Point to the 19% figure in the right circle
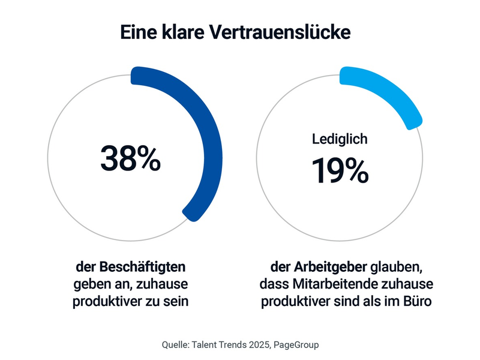tap(340, 170)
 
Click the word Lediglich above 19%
tap(340, 139)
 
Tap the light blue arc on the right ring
tap(390, 96)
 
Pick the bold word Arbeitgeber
tap(329, 266)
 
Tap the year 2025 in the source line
tap(254, 344)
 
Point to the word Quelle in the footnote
tap(176, 344)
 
